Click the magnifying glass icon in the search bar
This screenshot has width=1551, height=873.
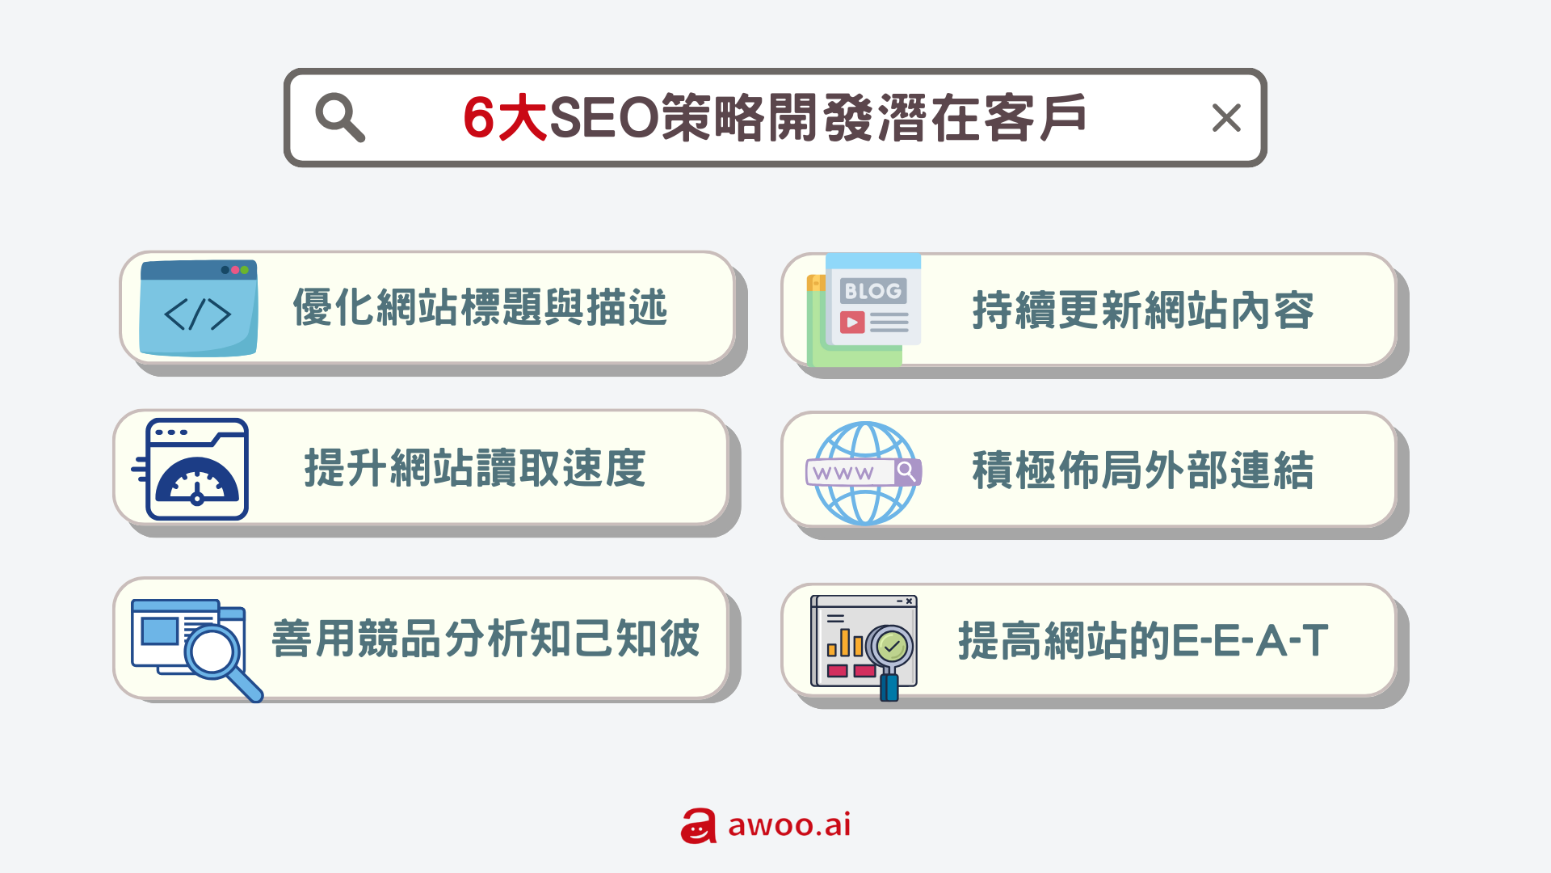(339, 117)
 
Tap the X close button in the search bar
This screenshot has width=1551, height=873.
(1226, 118)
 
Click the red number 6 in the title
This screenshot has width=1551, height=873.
(478, 118)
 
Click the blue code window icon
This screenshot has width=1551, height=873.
(199, 308)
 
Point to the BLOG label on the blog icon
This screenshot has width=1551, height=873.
(872, 290)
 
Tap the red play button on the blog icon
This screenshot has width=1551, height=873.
(852, 323)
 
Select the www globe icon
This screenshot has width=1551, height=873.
(864, 473)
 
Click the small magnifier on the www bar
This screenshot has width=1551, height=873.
(907, 470)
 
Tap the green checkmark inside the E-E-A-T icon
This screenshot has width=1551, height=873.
(892, 646)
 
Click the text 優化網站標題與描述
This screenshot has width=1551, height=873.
(480, 308)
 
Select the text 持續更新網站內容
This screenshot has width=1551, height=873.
(1143, 310)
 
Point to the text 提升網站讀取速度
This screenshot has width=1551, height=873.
(475, 468)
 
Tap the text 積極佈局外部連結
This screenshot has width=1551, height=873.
(1143, 470)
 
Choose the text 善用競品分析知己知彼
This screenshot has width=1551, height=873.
(485, 639)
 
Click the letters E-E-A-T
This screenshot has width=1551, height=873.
(1249, 641)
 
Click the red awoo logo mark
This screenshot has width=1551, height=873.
(699, 826)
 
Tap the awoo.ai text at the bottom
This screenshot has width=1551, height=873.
(789, 824)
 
